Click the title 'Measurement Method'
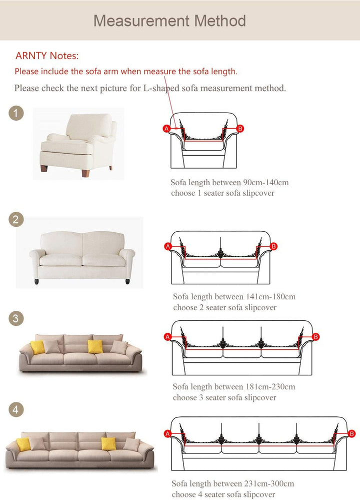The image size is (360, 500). point(169,21)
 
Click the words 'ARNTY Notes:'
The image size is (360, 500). point(47,56)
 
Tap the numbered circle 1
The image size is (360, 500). point(16,114)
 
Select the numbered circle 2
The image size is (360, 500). point(16,219)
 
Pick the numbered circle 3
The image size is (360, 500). point(16,318)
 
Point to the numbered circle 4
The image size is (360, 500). point(16,410)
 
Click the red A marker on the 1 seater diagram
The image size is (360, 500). point(166,129)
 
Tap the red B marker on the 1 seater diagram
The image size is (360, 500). point(240,129)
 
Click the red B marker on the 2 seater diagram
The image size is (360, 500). point(273,246)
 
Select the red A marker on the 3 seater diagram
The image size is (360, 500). point(168,336)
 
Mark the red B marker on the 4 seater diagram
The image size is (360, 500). point(351,433)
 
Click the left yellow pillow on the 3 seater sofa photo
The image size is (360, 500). point(37,347)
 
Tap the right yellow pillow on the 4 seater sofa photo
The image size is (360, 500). point(108,443)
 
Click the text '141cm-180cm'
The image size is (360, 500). point(271,297)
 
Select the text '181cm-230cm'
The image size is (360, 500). point(271,387)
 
